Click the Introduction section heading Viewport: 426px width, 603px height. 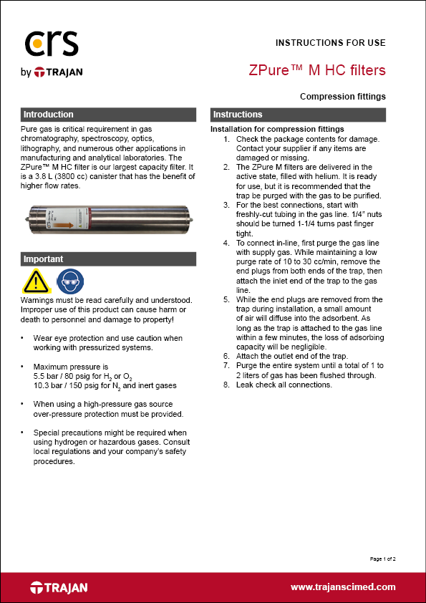point(49,115)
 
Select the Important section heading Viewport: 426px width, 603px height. point(44,259)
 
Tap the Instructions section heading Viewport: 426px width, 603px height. point(238,115)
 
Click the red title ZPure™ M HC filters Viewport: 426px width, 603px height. point(317,70)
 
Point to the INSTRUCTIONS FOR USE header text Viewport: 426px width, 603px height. point(331,43)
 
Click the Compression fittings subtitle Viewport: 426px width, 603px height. point(343,97)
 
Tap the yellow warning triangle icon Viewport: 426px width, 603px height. point(36,281)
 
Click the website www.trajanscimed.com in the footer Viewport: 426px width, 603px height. point(343,587)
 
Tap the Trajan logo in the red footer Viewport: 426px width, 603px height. point(59,587)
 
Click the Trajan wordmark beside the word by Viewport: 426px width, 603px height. point(59,72)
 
